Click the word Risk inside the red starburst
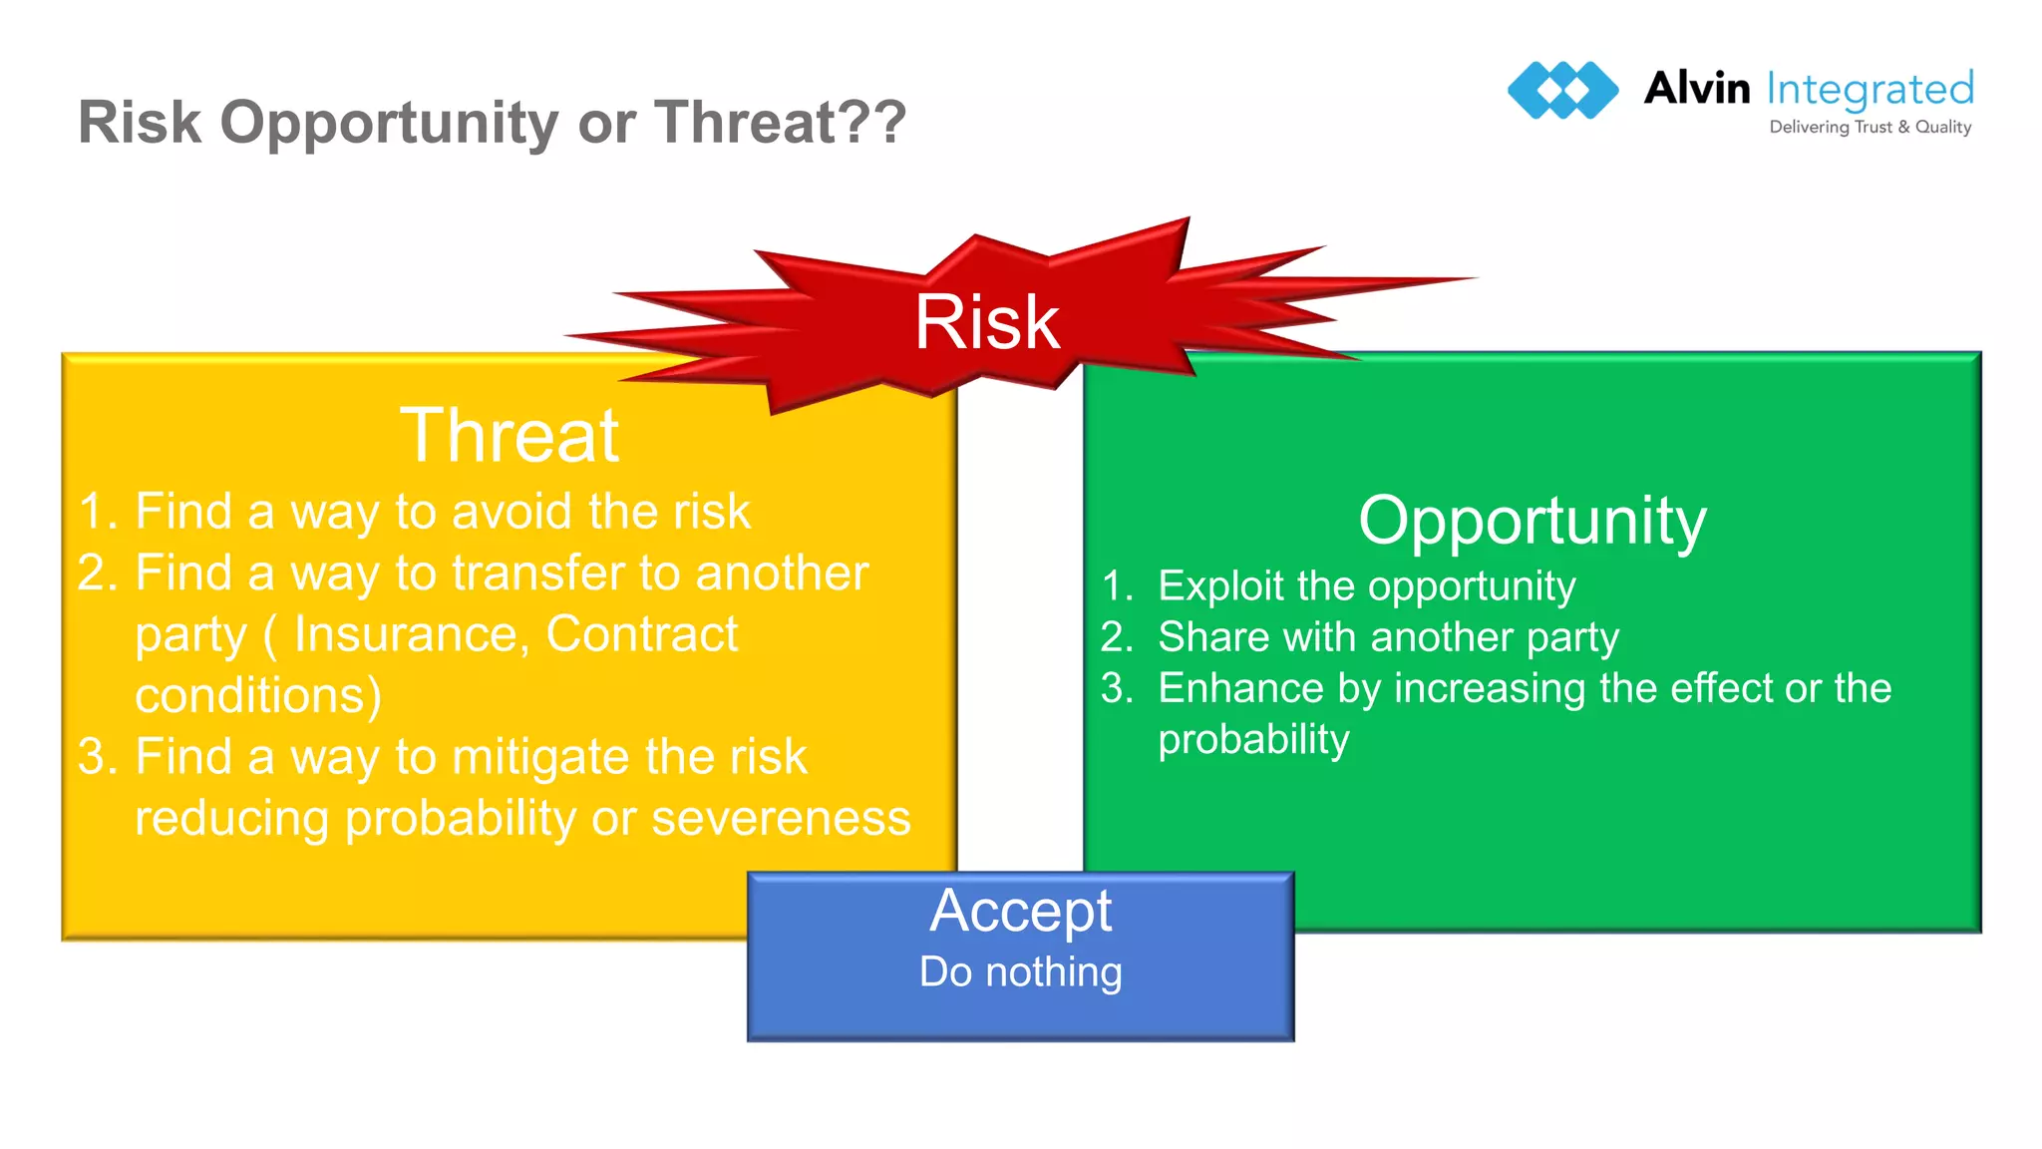click(986, 323)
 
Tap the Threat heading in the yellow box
click(509, 436)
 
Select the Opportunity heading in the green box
click(1531, 522)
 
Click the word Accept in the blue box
click(1020, 911)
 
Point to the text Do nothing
click(1020, 971)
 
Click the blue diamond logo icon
click(1562, 90)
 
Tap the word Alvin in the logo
click(1696, 89)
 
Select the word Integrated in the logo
click(1870, 90)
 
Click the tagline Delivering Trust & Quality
click(1870, 127)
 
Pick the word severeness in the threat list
click(781, 819)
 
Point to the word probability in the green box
click(1253, 740)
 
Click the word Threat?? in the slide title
click(780, 123)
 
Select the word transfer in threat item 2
click(538, 574)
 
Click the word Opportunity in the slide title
click(390, 123)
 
